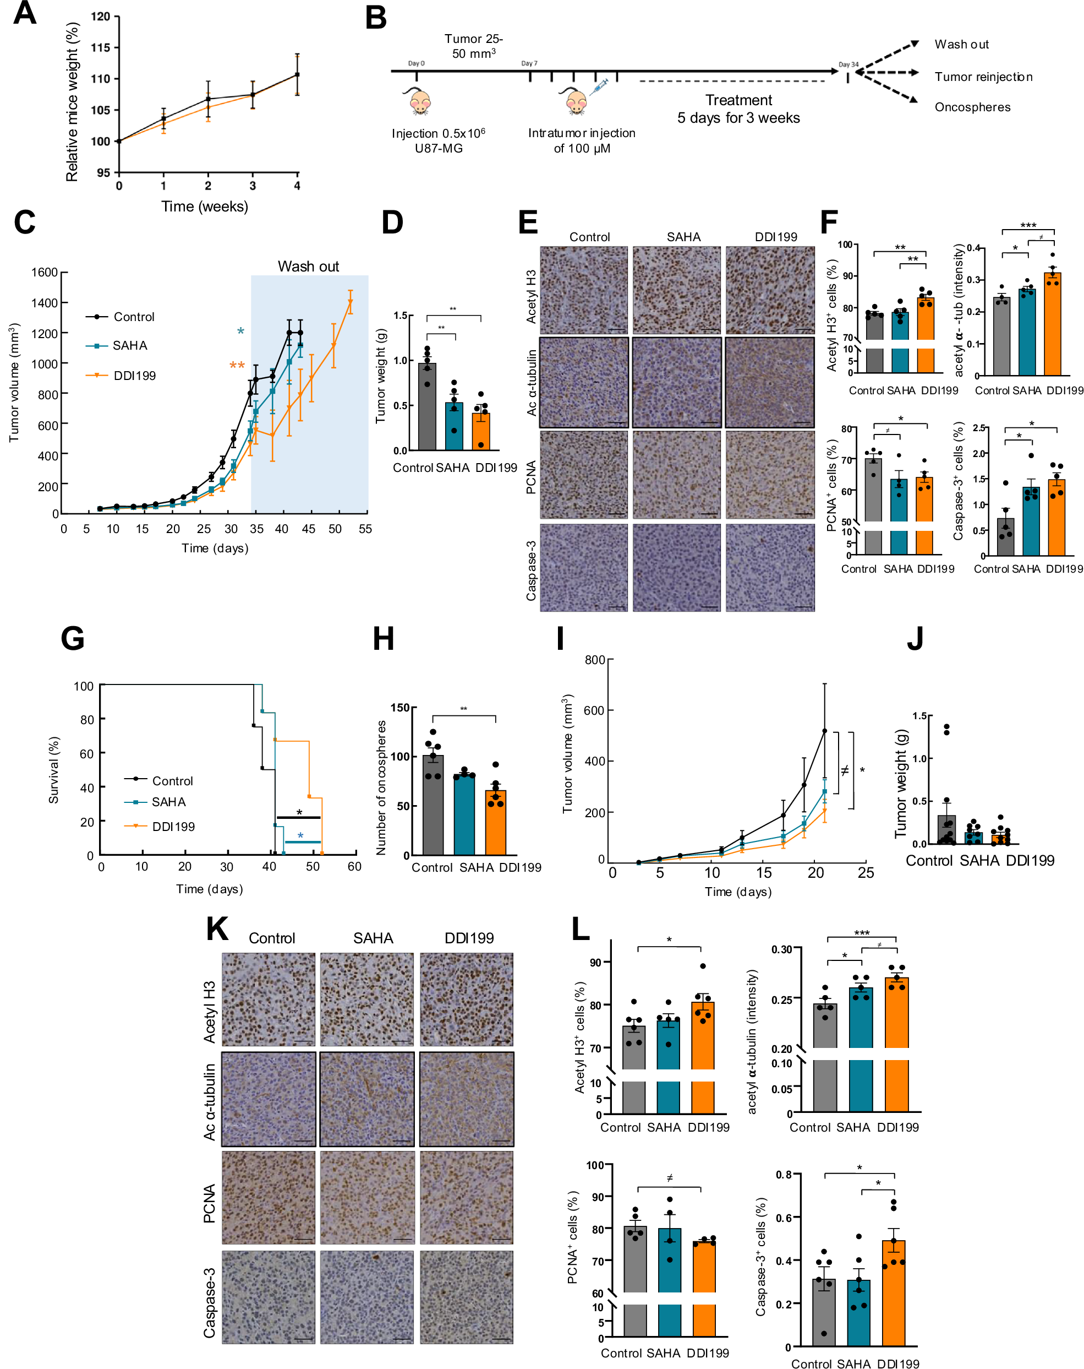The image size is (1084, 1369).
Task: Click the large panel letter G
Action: tap(72, 638)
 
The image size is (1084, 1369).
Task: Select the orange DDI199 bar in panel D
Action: tap(480, 432)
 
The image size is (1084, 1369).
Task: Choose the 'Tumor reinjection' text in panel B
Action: tap(983, 77)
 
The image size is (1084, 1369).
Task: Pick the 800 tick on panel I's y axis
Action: tap(595, 660)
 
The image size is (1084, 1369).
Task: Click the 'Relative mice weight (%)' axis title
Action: tap(72, 101)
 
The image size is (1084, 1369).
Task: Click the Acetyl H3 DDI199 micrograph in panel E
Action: tap(770, 290)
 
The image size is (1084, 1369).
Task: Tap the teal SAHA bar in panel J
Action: tap(973, 838)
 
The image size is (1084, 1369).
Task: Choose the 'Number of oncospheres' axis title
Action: tap(381, 787)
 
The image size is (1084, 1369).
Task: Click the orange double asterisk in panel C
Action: tap(237, 366)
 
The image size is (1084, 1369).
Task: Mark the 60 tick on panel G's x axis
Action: tap(354, 866)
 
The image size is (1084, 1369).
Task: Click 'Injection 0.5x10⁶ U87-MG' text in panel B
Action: tap(438, 140)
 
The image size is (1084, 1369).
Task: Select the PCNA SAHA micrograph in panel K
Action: tap(367, 1197)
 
